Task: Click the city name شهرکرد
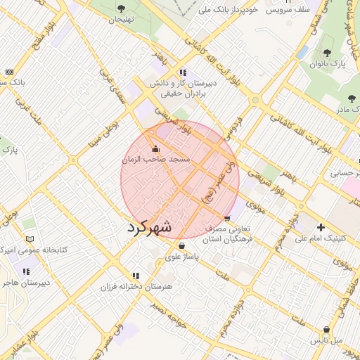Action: pos(150,228)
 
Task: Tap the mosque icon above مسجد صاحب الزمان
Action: pos(155,148)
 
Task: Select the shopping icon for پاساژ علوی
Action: pos(183,246)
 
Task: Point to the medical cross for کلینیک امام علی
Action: pos(321,227)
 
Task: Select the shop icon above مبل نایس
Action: pos(326,330)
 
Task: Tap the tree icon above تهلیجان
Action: pos(121,8)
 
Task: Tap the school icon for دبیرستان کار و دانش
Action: pos(183,72)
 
